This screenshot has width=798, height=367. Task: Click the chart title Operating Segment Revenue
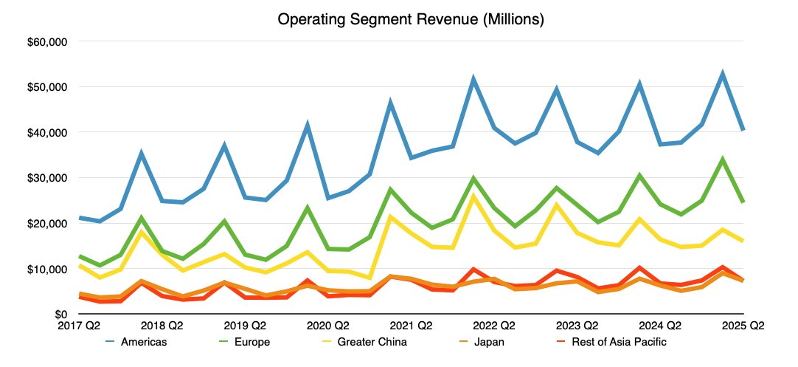tap(410, 20)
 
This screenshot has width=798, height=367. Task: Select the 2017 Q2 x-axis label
tap(79, 325)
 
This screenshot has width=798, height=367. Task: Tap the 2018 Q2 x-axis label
tap(162, 325)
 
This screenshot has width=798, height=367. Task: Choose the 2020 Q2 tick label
tap(328, 325)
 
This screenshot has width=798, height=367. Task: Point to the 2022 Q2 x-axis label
tap(494, 325)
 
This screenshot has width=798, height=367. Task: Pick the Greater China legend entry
tap(372, 342)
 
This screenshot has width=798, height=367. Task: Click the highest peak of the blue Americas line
tap(722, 73)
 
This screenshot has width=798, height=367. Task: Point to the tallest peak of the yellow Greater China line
tap(473, 196)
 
